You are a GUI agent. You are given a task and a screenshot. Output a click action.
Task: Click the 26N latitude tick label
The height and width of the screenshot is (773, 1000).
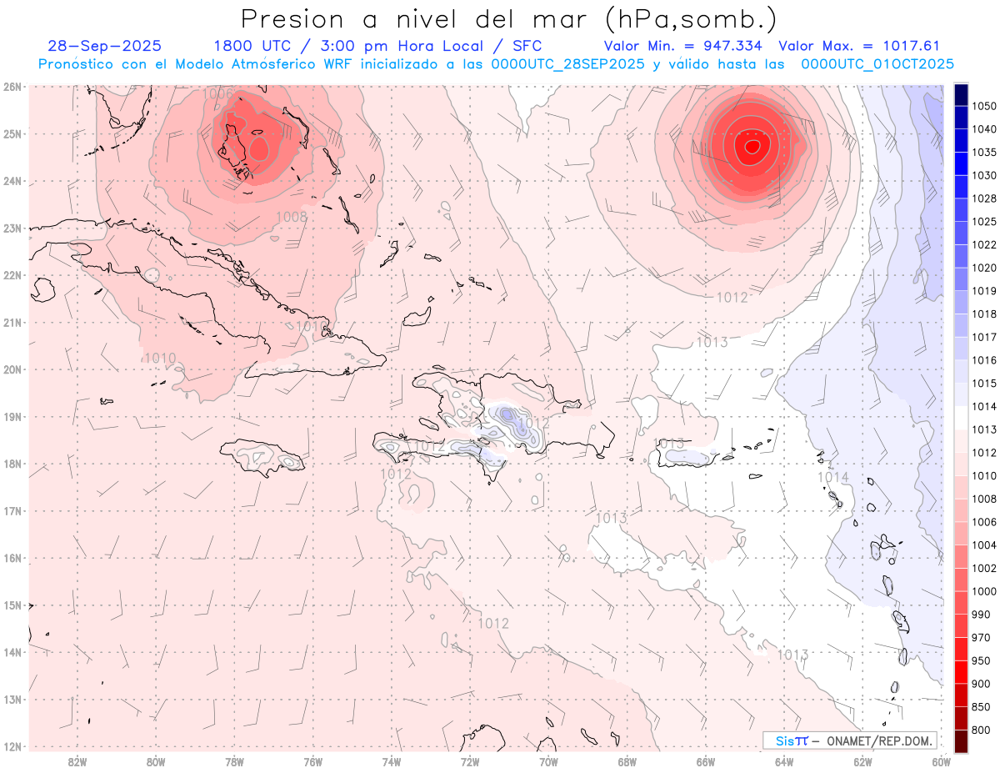pyautogui.click(x=12, y=86)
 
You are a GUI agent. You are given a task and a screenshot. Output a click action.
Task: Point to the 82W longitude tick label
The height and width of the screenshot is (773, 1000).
pyautogui.click(x=77, y=761)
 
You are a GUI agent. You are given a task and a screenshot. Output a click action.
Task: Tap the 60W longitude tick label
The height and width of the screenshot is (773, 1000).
pyautogui.click(x=941, y=761)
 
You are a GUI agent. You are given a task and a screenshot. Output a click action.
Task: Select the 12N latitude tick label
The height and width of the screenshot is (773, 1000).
pyautogui.click(x=12, y=746)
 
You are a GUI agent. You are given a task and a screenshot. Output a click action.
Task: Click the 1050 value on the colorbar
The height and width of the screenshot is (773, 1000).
pyautogui.click(x=984, y=106)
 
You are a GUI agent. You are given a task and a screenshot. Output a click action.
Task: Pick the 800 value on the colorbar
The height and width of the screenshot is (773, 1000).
pyautogui.click(x=982, y=730)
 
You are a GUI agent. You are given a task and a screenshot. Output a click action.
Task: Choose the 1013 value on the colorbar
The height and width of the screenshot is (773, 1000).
pyautogui.click(x=984, y=429)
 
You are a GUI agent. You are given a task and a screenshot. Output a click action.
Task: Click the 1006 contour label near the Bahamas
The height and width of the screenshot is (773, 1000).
pyautogui.click(x=217, y=94)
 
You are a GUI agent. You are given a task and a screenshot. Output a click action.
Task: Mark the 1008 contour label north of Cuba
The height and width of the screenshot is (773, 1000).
pyautogui.click(x=292, y=217)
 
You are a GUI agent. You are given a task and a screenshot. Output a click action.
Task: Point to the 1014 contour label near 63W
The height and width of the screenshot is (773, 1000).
pyautogui.click(x=832, y=477)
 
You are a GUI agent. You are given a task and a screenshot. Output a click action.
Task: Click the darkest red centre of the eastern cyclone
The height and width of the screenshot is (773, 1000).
pyautogui.click(x=752, y=147)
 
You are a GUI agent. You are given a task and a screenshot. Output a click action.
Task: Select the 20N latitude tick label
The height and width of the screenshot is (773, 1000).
pyautogui.click(x=12, y=369)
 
